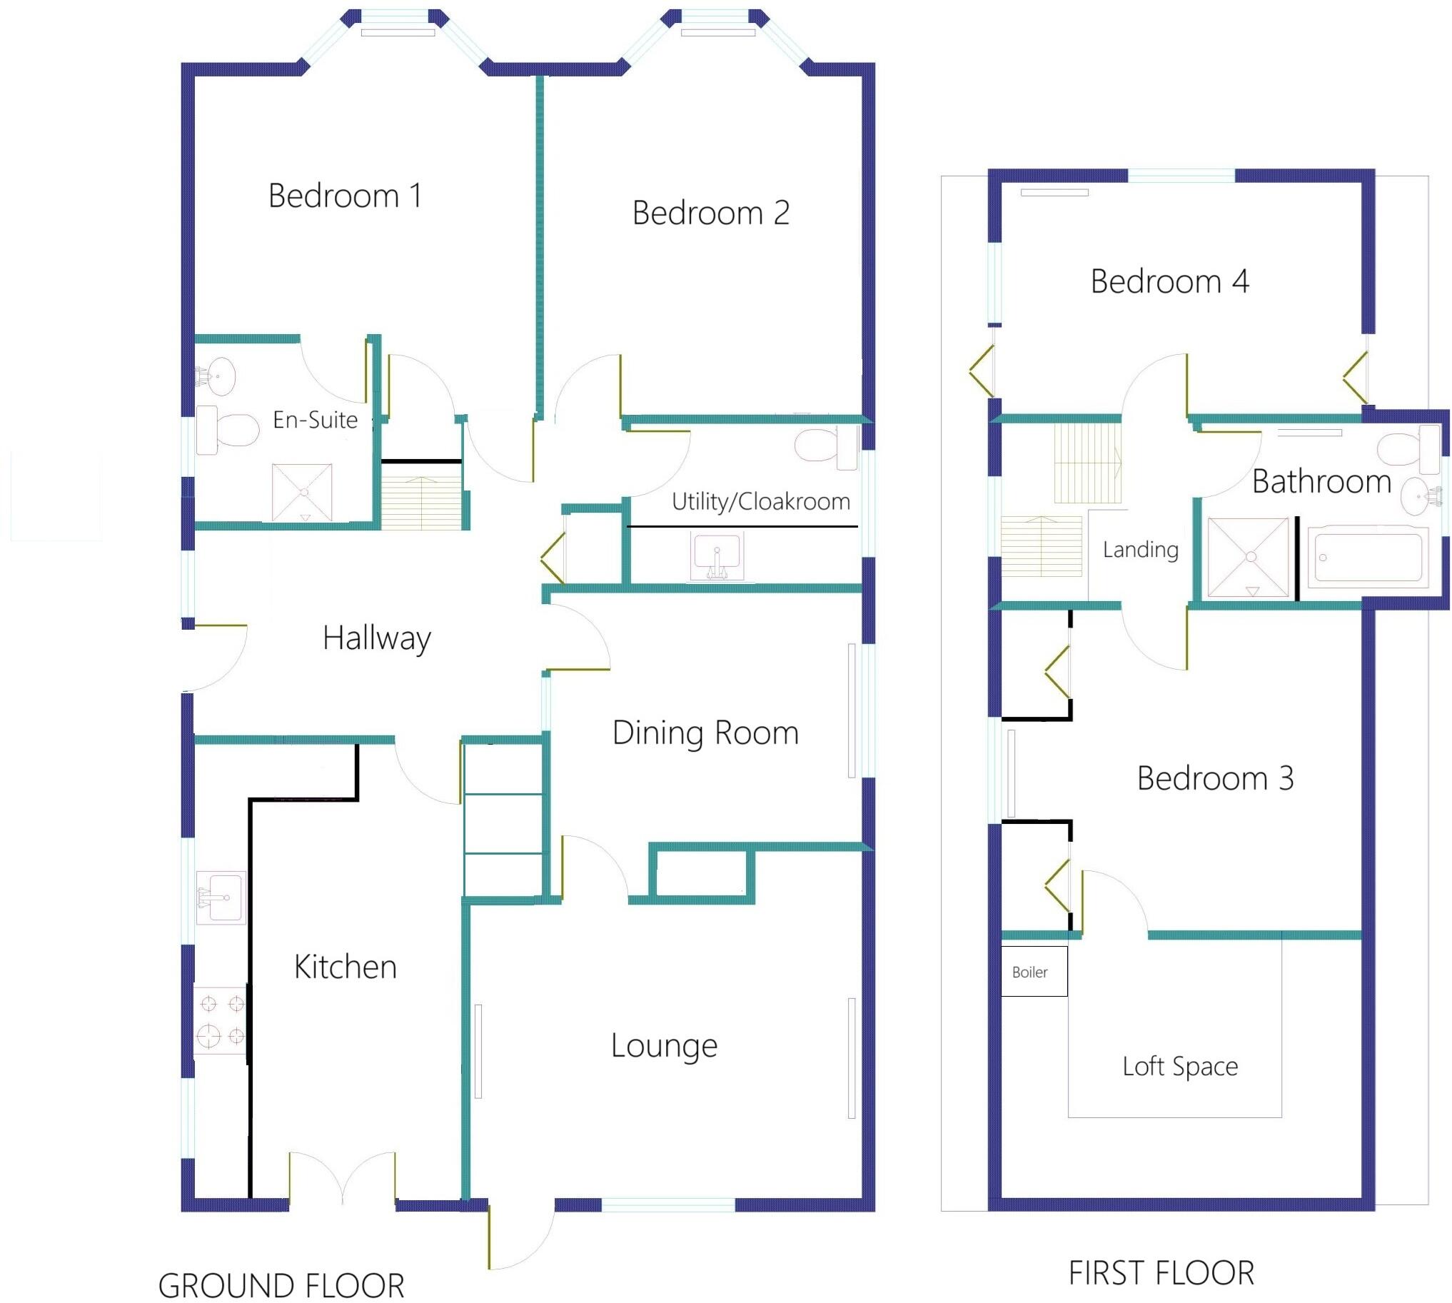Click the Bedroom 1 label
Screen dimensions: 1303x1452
(345, 196)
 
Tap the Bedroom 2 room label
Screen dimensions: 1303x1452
(710, 213)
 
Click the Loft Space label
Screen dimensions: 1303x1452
(1180, 1066)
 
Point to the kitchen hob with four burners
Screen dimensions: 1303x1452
(221, 1020)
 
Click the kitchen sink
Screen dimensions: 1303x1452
(221, 897)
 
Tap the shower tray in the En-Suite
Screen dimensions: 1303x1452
(302, 492)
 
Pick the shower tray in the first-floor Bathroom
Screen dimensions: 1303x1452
(1247, 556)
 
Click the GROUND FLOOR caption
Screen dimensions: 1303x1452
(281, 1285)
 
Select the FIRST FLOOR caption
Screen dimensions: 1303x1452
(1161, 1273)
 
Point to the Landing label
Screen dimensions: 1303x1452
(1140, 549)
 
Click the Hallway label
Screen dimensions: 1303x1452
(377, 638)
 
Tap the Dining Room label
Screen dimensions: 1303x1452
(705, 733)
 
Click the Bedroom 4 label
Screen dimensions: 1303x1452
(1169, 281)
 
